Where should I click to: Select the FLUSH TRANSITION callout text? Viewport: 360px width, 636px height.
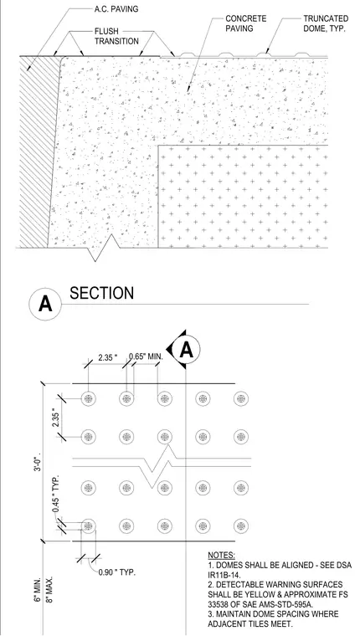[x=116, y=36]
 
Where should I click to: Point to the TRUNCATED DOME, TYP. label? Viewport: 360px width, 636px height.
[x=326, y=24]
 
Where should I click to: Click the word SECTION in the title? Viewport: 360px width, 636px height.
[x=101, y=293]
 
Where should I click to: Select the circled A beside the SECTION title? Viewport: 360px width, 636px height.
[x=45, y=305]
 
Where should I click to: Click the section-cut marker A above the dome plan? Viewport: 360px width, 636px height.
[x=183, y=349]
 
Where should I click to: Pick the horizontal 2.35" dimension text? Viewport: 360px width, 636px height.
[x=107, y=357]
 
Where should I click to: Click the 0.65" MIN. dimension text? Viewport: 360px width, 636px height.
[x=146, y=356]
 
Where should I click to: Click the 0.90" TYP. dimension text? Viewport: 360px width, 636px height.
[x=116, y=572]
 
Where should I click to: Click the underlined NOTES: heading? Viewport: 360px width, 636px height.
[x=221, y=555]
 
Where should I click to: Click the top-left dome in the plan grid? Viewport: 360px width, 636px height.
[x=89, y=398]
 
